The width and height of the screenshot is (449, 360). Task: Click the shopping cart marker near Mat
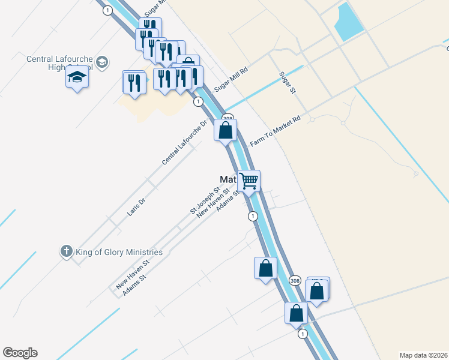pos(249,180)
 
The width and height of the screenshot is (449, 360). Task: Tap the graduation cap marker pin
pos(77,78)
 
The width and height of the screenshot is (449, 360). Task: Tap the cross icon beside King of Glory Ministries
pos(66,251)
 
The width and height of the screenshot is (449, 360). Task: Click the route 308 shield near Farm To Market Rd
pos(228,118)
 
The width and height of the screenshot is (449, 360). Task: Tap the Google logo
pos(20,353)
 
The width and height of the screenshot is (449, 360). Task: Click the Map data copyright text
pos(423,355)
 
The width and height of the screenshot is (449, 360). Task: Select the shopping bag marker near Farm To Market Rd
pos(226,130)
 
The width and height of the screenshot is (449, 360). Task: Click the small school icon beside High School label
pos(102,62)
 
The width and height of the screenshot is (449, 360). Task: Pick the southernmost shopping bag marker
pos(296,313)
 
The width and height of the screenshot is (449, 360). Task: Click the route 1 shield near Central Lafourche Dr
pos(197,102)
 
